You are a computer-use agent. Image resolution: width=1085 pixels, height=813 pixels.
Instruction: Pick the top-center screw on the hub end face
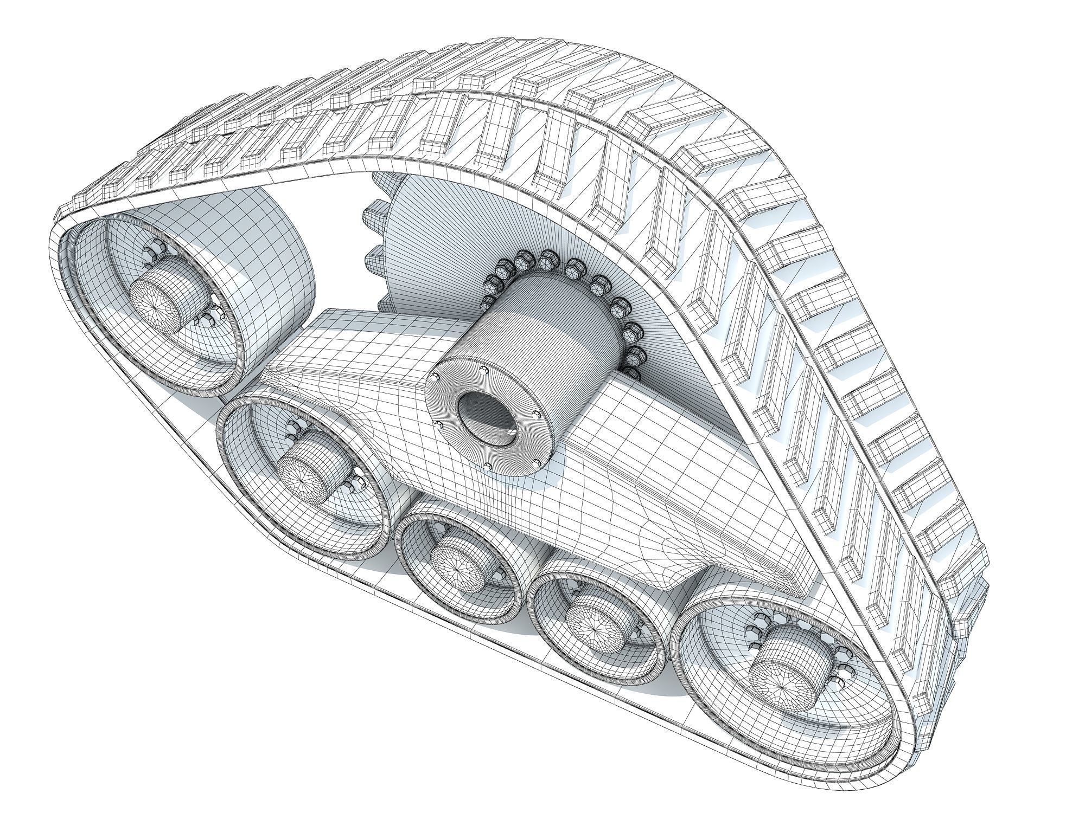coord(483,369)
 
